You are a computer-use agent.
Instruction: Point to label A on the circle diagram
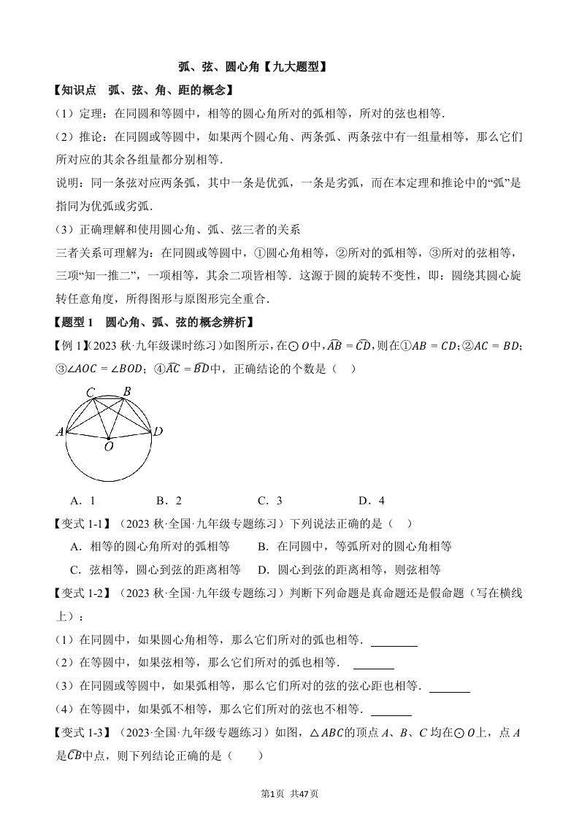(60, 431)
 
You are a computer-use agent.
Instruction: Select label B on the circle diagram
(126, 392)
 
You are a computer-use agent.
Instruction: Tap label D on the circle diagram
(158, 432)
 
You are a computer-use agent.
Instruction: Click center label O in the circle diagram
(108, 446)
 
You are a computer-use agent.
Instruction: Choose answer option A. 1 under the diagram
(83, 501)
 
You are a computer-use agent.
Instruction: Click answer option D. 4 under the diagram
(371, 501)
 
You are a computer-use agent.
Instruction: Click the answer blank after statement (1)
(394, 644)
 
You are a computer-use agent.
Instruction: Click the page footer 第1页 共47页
(289, 794)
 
